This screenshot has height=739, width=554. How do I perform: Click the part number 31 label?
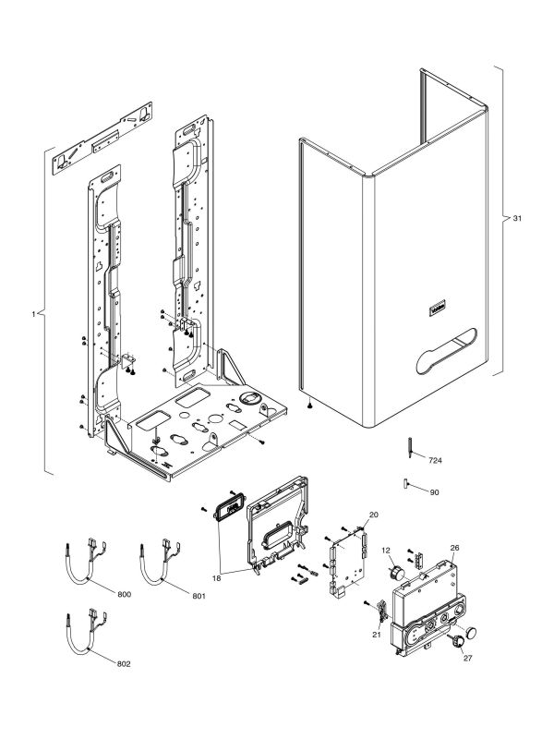(518, 219)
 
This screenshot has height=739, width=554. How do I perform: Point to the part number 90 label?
(434, 492)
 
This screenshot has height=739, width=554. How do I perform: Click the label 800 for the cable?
(125, 591)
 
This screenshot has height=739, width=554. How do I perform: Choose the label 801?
(199, 595)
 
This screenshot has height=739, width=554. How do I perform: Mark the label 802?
(125, 664)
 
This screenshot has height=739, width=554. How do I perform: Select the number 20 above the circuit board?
(374, 514)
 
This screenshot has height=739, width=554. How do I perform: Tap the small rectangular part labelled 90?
(406, 482)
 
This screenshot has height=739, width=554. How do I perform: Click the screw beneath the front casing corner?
(312, 407)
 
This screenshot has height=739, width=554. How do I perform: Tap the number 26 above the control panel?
(453, 548)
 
